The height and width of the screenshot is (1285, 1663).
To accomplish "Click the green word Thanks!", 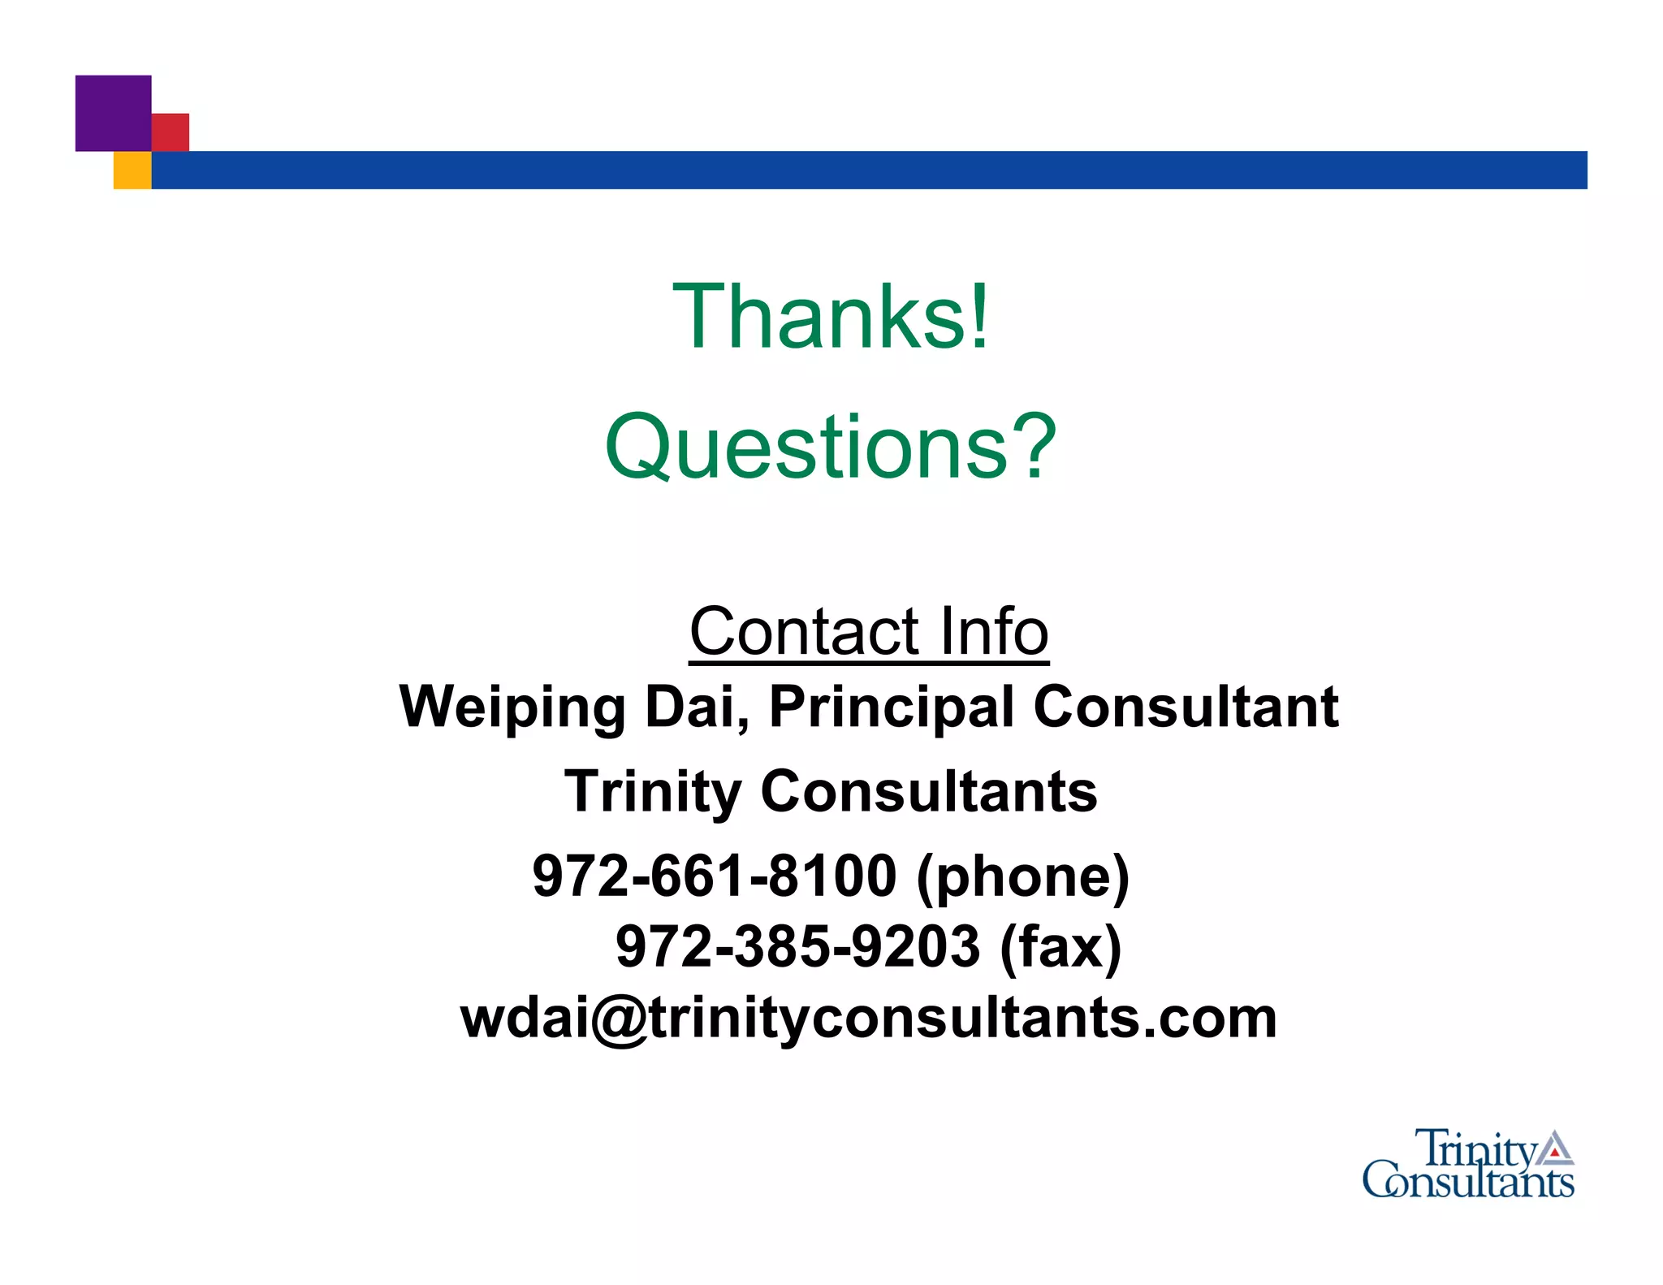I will (x=831, y=317).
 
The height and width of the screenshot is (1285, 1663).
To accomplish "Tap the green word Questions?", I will (x=831, y=447).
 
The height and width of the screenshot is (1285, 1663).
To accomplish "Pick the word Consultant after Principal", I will (x=1186, y=707).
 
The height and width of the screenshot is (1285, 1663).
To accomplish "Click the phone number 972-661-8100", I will (x=715, y=876).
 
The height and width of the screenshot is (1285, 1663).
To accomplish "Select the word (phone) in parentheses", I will (x=1023, y=877).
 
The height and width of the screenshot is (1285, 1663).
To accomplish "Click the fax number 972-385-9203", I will (x=797, y=946).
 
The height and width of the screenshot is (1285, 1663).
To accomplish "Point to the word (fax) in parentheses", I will (x=1060, y=947).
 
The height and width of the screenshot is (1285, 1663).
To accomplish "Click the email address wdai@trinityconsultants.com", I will (x=868, y=1018).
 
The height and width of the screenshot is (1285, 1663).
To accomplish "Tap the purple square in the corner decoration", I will (x=113, y=113).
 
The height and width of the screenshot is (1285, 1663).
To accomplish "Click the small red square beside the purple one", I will (x=171, y=132).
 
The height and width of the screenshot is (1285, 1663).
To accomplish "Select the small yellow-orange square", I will (x=132, y=171).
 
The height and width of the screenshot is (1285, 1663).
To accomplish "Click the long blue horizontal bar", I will (x=869, y=170).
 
